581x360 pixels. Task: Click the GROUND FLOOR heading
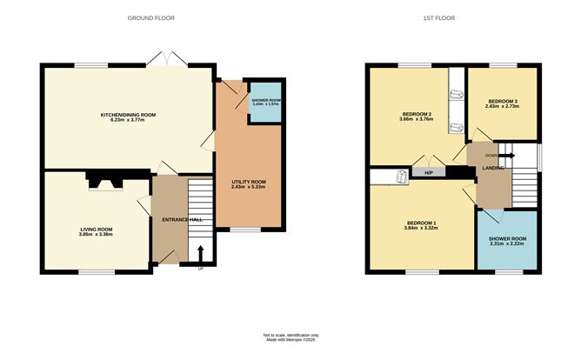pyautogui.click(x=146, y=17)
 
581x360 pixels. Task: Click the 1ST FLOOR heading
pyautogui.click(x=441, y=17)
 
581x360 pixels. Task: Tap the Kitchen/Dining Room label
pyautogui.click(x=128, y=115)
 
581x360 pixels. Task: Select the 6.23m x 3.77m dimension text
pyautogui.click(x=128, y=121)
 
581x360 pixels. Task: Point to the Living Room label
pyautogui.click(x=96, y=229)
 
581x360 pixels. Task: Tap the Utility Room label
pyautogui.click(x=248, y=182)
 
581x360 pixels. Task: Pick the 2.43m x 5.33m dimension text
pyautogui.click(x=248, y=188)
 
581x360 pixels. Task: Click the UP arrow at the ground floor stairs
pyautogui.click(x=201, y=253)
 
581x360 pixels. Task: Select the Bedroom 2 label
pyautogui.click(x=417, y=115)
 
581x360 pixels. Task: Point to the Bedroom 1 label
pyautogui.click(x=420, y=222)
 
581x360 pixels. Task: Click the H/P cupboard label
pyautogui.click(x=428, y=173)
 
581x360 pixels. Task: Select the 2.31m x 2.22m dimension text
pyautogui.click(x=507, y=244)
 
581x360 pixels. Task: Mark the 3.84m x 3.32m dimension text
pyautogui.click(x=420, y=228)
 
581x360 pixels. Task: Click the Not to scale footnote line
pyautogui.click(x=290, y=335)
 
